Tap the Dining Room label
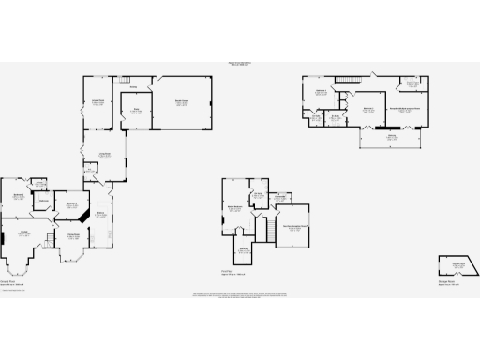pyautogui.click(x=72, y=235)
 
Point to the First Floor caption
pyautogui.click(x=227, y=272)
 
